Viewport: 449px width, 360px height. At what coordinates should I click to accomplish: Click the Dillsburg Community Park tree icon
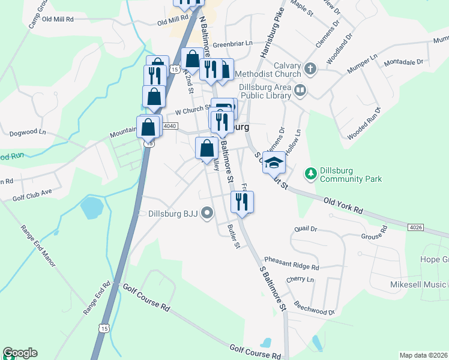coord(310,173)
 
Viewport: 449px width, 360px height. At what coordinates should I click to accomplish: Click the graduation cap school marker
coord(273,162)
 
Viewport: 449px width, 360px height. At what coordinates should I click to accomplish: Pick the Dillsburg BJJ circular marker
coord(207,213)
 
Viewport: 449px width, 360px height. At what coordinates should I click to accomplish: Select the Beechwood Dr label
coord(314,312)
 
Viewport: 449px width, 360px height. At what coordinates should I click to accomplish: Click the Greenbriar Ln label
coord(233,44)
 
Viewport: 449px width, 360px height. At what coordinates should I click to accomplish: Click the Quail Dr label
coord(305,229)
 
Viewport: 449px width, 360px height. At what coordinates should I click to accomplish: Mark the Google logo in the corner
coord(20,353)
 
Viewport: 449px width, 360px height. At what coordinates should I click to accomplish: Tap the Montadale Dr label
coord(403,62)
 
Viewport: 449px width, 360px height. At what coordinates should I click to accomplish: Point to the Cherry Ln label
coord(300,280)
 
